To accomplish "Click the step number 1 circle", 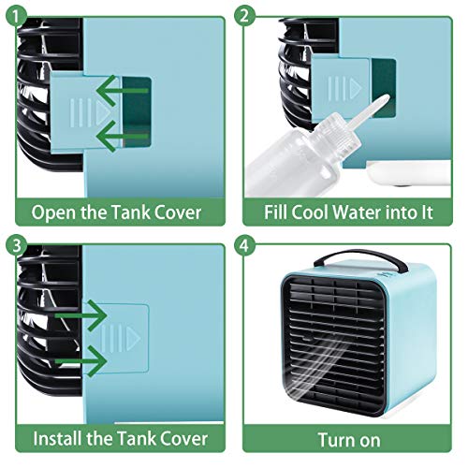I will coord(16,16).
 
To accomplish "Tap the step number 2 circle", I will coord(245,16).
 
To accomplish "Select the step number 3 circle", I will coord(16,245).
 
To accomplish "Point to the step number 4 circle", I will coord(245,245).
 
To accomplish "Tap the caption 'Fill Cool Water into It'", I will coord(349,212).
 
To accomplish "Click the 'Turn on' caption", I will coord(349,437).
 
